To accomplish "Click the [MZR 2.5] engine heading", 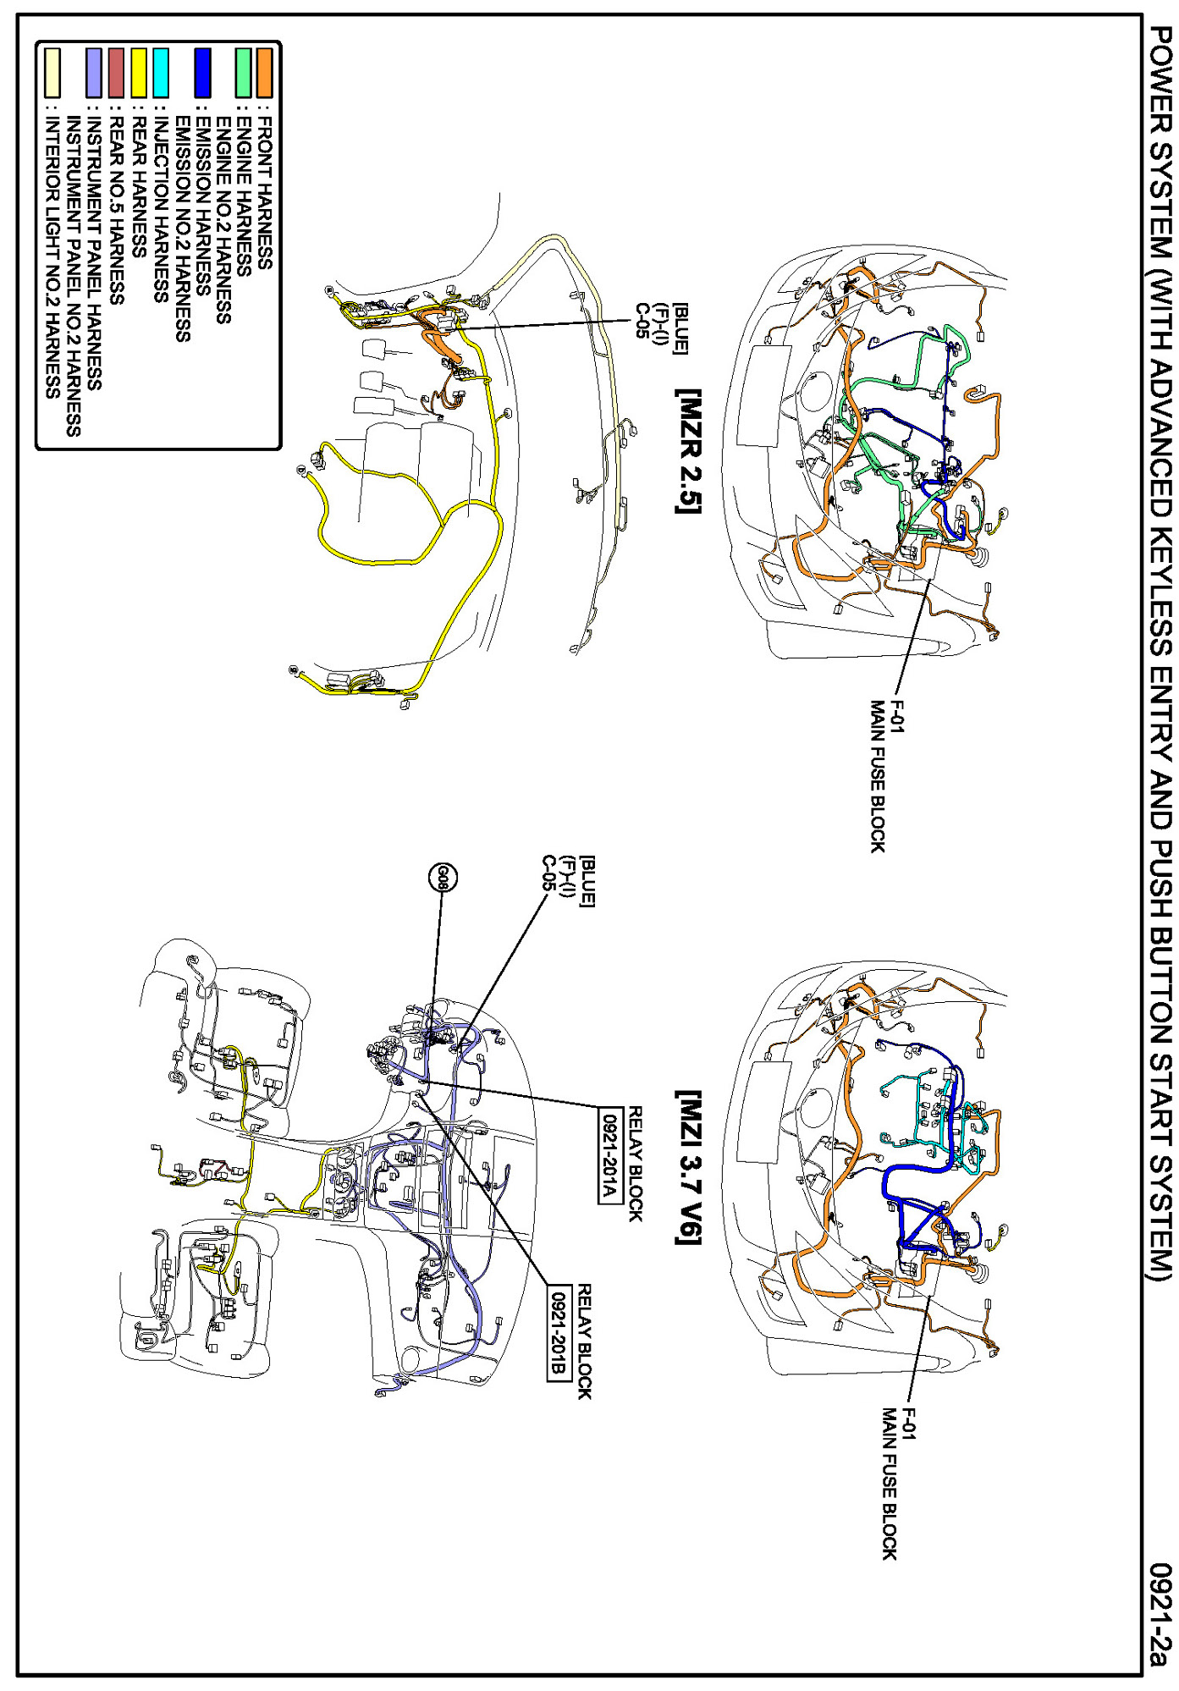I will (x=688, y=451).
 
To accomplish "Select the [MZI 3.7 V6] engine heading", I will (x=688, y=1167).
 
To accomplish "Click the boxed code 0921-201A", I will (x=608, y=1154).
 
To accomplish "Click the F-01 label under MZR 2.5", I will (x=896, y=716).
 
